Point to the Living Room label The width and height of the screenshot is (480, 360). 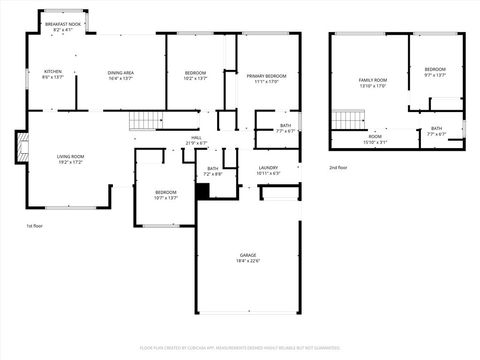coord(70,159)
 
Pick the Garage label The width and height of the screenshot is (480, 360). coord(247,258)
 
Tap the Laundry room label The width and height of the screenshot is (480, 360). coord(268,170)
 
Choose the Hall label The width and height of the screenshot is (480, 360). coord(196,140)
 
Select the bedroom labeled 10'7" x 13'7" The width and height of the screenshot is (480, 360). coord(165,194)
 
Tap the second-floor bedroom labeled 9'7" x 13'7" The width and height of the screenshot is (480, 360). coord(435,72)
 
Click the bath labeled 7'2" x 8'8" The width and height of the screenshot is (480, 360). coord(213,171)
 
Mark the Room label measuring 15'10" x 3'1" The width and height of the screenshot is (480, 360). coord(374,139)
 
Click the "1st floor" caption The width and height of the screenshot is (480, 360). coord(34,226)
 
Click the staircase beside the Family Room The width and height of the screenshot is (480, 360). coord(345,121)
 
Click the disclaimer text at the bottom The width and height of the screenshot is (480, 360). coord(240,347)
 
